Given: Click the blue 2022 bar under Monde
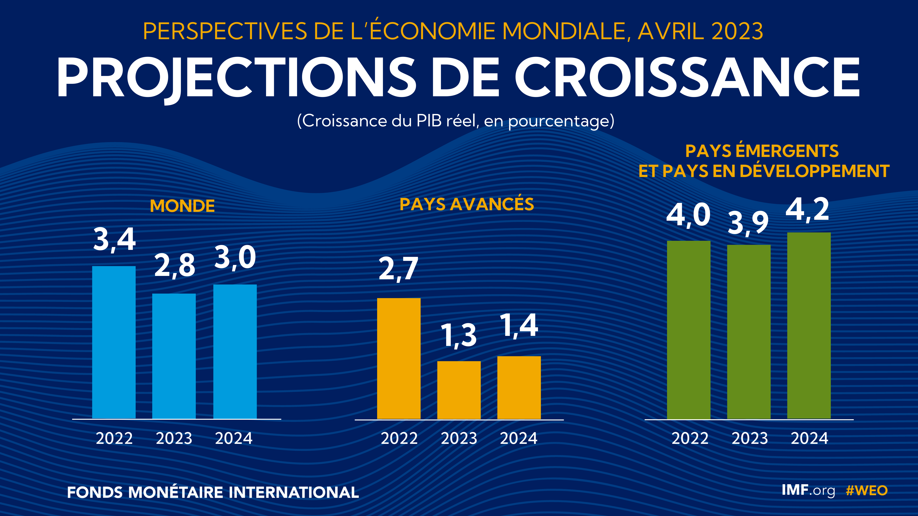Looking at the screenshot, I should pos(114,342).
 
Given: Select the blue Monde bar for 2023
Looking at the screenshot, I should pos(174,356).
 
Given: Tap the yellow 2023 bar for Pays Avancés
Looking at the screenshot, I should pos(459,390).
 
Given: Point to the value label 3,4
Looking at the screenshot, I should pos(114,240).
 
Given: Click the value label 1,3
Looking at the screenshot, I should pos(459,336).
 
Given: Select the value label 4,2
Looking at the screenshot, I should pos(808,210).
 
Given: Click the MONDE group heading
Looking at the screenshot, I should pos(182,206).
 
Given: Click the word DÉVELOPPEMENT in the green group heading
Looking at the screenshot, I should pos(815,171).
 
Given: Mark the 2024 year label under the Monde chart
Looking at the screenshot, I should pos(234,438).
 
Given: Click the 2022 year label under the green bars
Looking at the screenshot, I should pos(690,438).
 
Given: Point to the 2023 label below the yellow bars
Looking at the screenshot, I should pos(459,438).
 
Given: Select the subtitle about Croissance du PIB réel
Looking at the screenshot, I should pos(456,121).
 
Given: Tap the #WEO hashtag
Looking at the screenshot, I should pos(867,491).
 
